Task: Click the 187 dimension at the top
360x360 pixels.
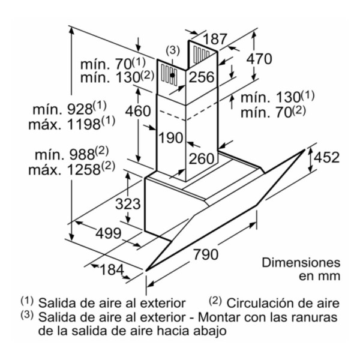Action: [215, 39]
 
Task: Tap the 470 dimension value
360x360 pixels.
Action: [259, 59]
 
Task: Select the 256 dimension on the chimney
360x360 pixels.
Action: [202, 77]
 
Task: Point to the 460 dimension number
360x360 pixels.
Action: [138, 111]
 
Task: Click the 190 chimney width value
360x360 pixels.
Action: [171, 138]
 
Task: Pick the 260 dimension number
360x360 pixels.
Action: [202, 158]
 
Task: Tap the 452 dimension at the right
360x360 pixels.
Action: [326, 157]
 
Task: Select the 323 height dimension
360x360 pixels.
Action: [128, 204]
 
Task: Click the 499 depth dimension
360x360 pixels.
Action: [109, 233]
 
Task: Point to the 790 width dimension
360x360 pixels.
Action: [205, 254]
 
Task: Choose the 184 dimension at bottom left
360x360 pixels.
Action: [112, 269]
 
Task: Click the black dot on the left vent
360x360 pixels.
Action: [172, 75]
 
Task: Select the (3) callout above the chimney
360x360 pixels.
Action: [173, 50]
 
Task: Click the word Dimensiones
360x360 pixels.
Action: [301, 262]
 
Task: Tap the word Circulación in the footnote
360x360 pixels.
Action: [260, 303]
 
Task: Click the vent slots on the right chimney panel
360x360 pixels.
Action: [201, 55]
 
